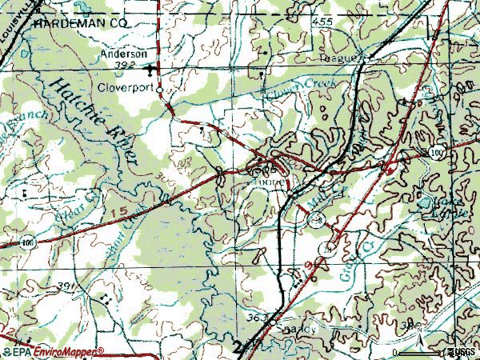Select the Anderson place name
point(123,54)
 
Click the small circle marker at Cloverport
point(160,91)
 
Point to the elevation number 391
point(68,286)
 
